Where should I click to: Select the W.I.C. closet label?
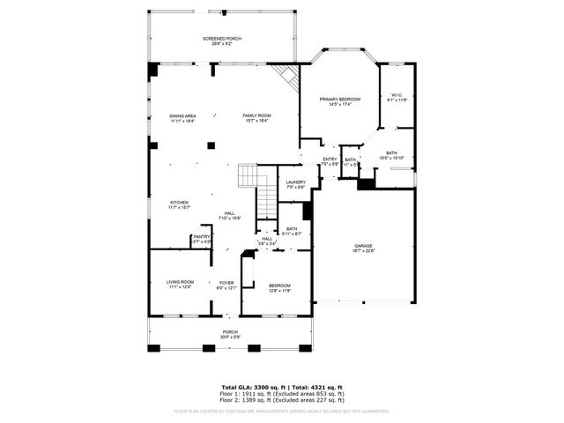coord(395,98)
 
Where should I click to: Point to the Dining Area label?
coord(182,118)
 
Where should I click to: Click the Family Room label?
coord(256,118)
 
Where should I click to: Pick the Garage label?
coord(364,249)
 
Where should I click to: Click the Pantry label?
coord(202,238)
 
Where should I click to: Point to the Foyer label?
coord(226,285)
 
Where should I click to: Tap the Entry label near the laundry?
coord(330,161)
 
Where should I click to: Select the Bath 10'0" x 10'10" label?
coord(391,155)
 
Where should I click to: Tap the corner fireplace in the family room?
coord(284,77)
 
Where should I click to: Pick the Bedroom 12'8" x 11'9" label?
coord(279,287)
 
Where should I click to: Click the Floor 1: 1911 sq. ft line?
coord(281,394)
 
